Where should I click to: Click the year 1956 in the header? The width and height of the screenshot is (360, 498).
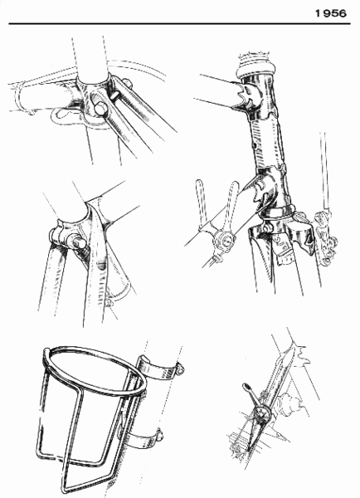tap(332, 12)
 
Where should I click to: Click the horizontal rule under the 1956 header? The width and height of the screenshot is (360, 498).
tap(180, 24)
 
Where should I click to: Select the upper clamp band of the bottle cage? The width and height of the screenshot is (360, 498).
tap(163, 365)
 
